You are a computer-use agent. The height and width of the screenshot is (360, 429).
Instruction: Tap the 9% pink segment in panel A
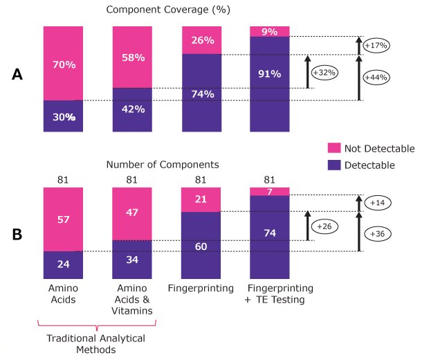[x=270, y=31]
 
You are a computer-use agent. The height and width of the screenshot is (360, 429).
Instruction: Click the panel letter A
[x=18, y=75]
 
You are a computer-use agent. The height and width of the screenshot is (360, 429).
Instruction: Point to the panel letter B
[x=18, y=234]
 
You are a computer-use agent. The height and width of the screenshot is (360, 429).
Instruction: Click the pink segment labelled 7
[x=270, y=191]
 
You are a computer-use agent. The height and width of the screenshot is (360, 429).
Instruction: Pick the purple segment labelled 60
[x=201, y=246]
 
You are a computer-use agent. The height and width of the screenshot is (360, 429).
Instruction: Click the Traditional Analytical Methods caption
[x=95, y=345]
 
